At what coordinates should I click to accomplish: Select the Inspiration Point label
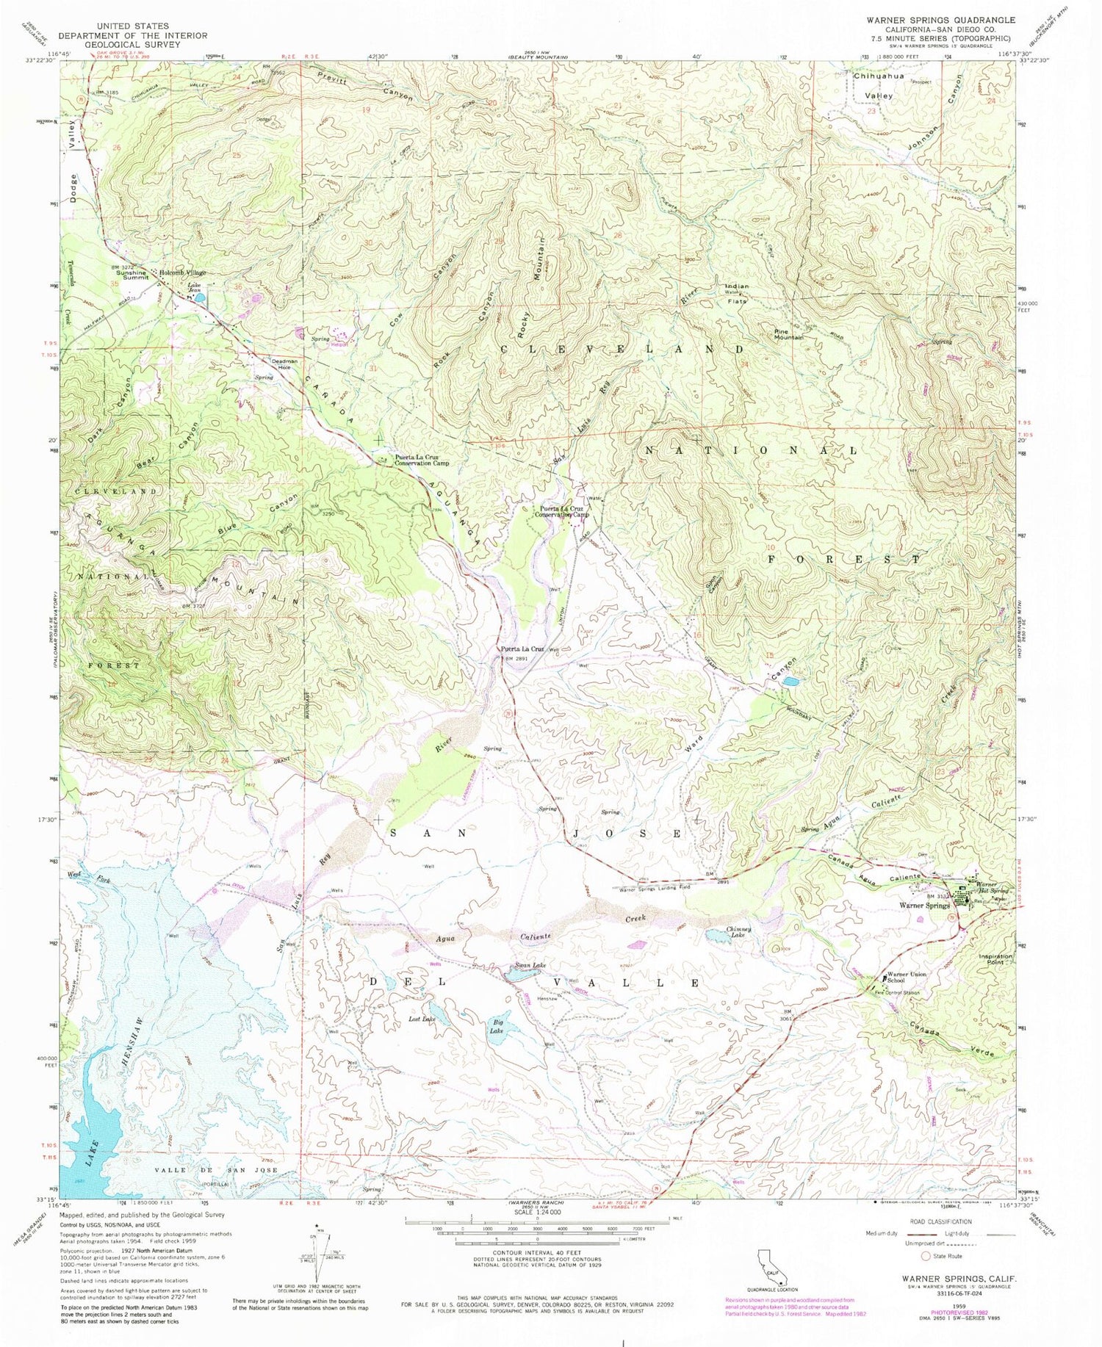(x=995, y=959)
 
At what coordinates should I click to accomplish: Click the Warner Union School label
(x=906, y=978)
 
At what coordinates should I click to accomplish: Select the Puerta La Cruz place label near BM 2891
(x=522, y=649)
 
